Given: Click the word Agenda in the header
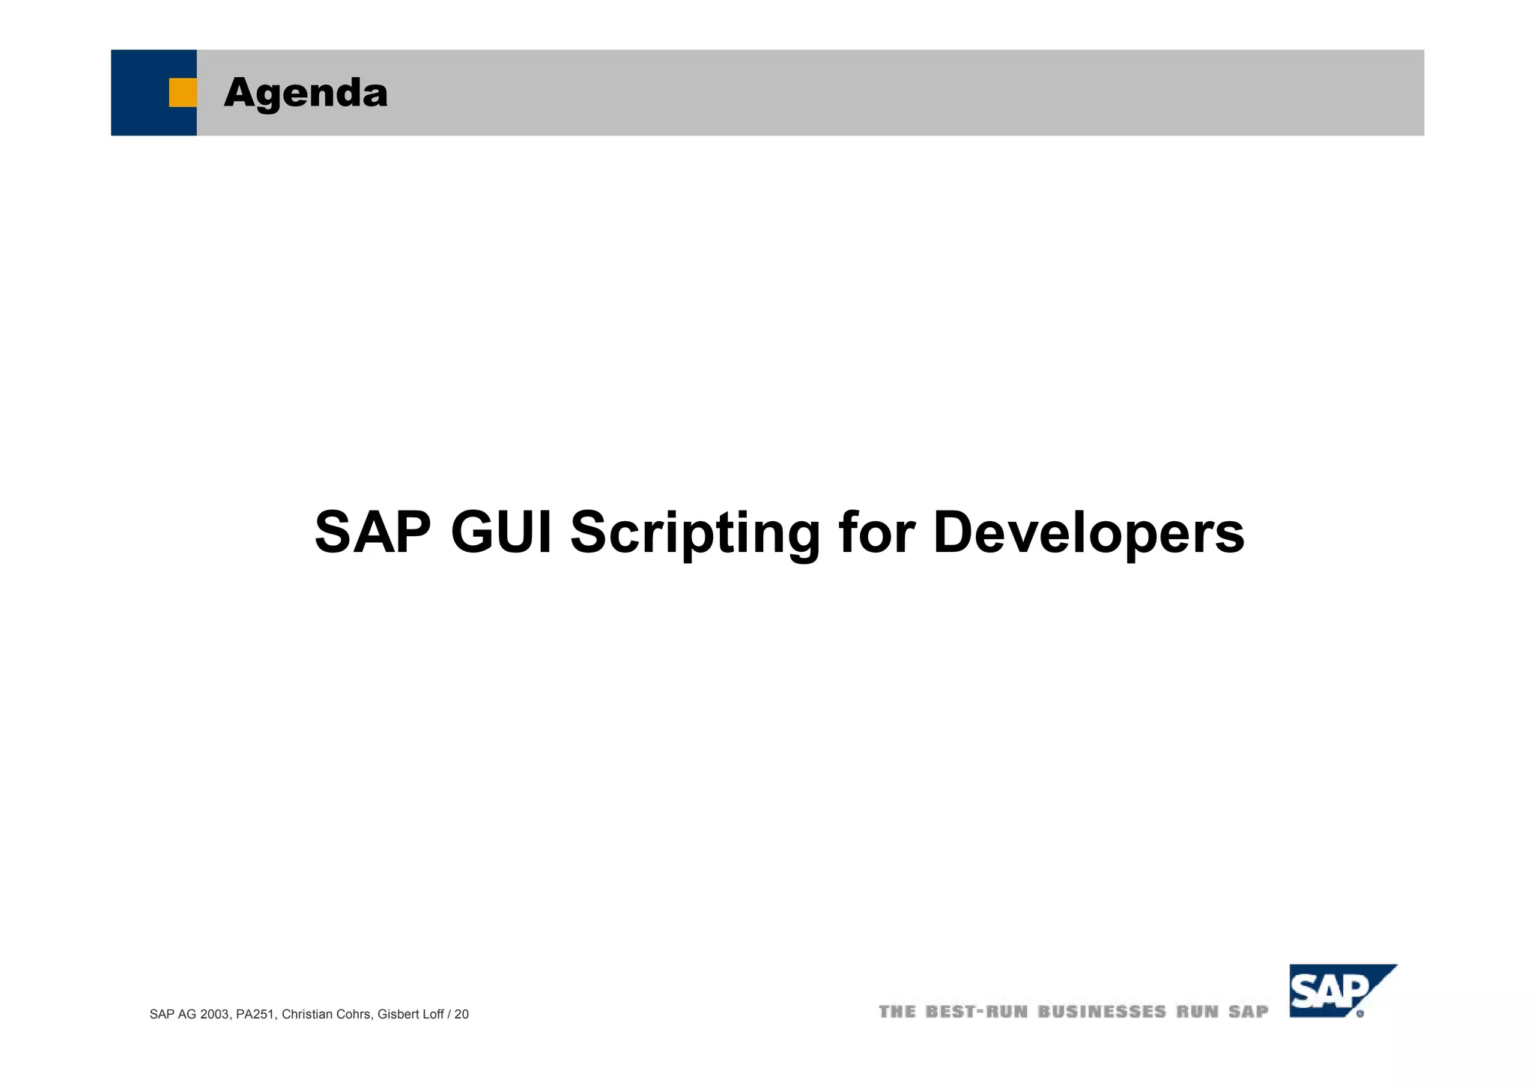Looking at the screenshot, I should pos(306,93).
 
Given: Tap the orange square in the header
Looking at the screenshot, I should pos(182,93).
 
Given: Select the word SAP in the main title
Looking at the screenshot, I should pos(372,532).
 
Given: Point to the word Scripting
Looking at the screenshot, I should pos(695,532).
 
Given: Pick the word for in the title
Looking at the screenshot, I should pos(877,532).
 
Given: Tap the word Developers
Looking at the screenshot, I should pos(1088,532).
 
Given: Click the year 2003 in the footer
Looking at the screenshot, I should pos(216,1015).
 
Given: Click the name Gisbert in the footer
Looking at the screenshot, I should pos(398,1015).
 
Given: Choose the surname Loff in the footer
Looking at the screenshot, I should pos(432,1015).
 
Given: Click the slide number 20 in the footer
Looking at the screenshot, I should pos(461,1015).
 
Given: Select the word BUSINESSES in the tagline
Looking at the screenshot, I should pos(1102,1012).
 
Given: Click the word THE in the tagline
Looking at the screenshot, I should pos(897,1012).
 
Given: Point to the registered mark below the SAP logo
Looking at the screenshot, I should pos(1360,1014).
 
